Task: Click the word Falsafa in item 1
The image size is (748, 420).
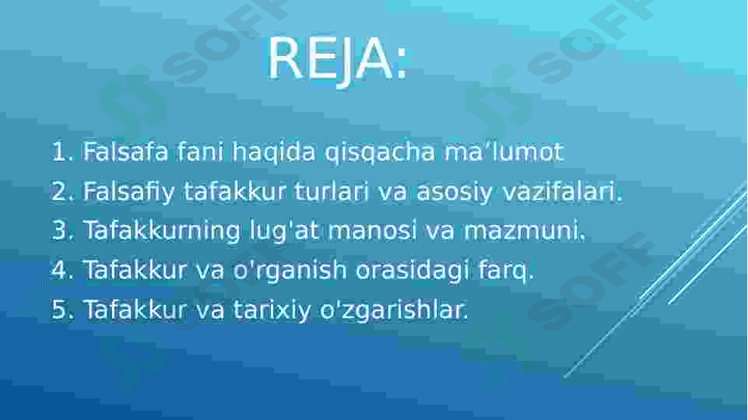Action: click(x=125, y=152)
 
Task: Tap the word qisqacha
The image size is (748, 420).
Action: click(x=380, y=152)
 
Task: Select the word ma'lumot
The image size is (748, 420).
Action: click(x=504, y=152)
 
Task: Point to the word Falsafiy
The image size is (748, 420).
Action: click(x=128, y=192)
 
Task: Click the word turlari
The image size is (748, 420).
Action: click(x=332, y=191)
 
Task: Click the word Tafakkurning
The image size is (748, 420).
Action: click(x=162, y=231)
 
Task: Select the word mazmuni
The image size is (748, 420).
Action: click(x=525, y=231)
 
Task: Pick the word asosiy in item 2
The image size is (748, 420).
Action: click(x=454, y=192)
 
